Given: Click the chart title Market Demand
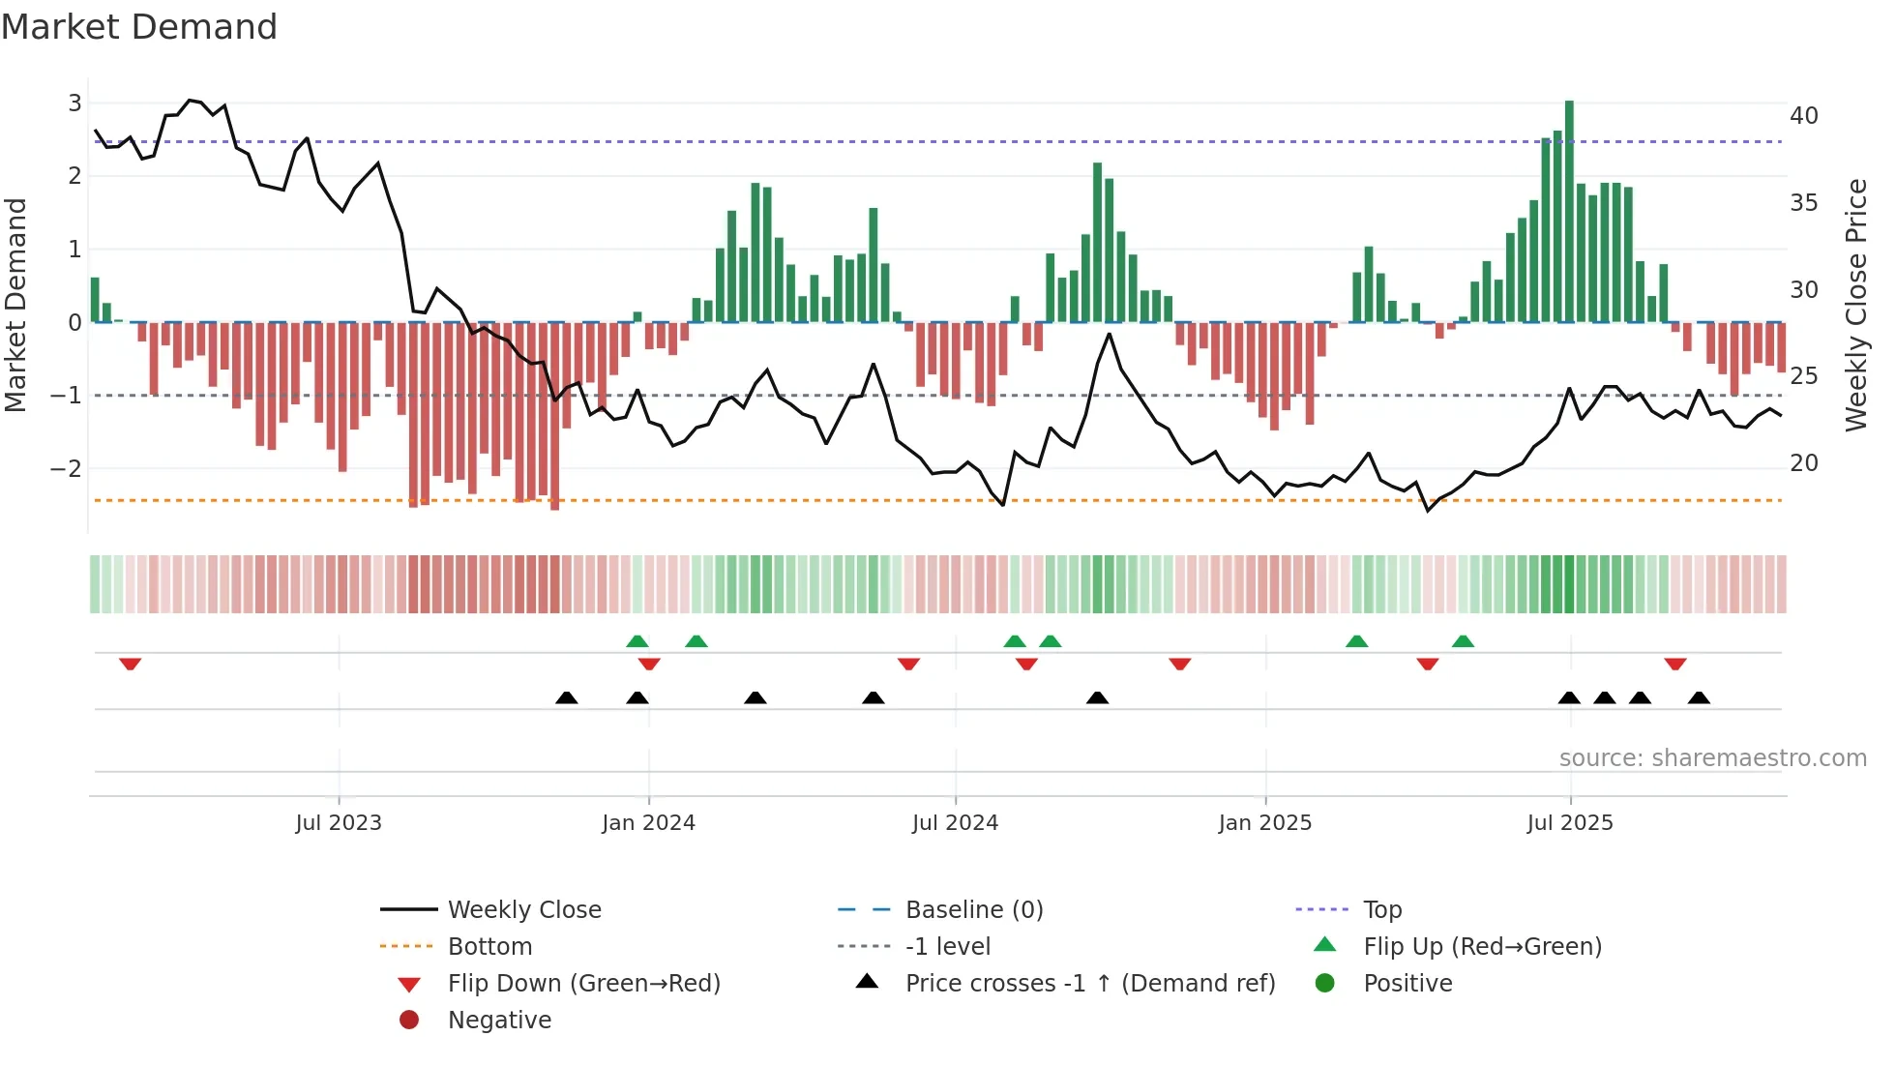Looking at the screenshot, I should pyautogui.click(x=139, y=26).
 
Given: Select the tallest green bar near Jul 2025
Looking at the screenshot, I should pyautogui.click(x=1569, y=211).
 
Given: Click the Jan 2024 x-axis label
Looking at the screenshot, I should pyautogui.click(x=648, y=823).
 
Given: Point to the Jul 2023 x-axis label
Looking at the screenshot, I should pyautogui.click(x=339, y=823).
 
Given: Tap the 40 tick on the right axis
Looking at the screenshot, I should pyautogui.click(x=1803, y=116).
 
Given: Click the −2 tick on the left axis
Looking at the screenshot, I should pyautogui.click(x=66, y=469).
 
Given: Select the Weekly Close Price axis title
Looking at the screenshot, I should pyautogui.click(x=1855, y=305).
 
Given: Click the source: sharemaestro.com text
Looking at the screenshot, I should pyautogui.click(x=1712, y=758).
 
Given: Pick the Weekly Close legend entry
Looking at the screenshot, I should pyautogui.click(x=523, y=910).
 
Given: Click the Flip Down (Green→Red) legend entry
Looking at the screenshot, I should pyautogui.click(x=583, y=984).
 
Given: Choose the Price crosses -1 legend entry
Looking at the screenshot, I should pyautogui.click(x=1089, y=984).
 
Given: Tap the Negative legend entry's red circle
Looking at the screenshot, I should pyautogui.click(x=409, y=1020).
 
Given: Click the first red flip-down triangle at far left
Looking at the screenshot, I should pyautogui.click(x=131, y=664).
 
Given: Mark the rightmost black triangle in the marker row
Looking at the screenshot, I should pyautogui.click(x=1699, y=697).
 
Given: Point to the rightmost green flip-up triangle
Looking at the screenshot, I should pyautogui.click(x=1463, y=641).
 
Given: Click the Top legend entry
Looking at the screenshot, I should pyautogui.click(x=1381, y=910).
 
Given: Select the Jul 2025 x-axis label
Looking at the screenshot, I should pyautogui.click(x=1570, y=823).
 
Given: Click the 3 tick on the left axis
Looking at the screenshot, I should pyautogui.click(x=74, y=104).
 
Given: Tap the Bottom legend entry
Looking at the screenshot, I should pyautogui.click(x=489, y=947).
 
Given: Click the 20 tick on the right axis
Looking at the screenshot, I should pyautogui.click(x=1803, y=463).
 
